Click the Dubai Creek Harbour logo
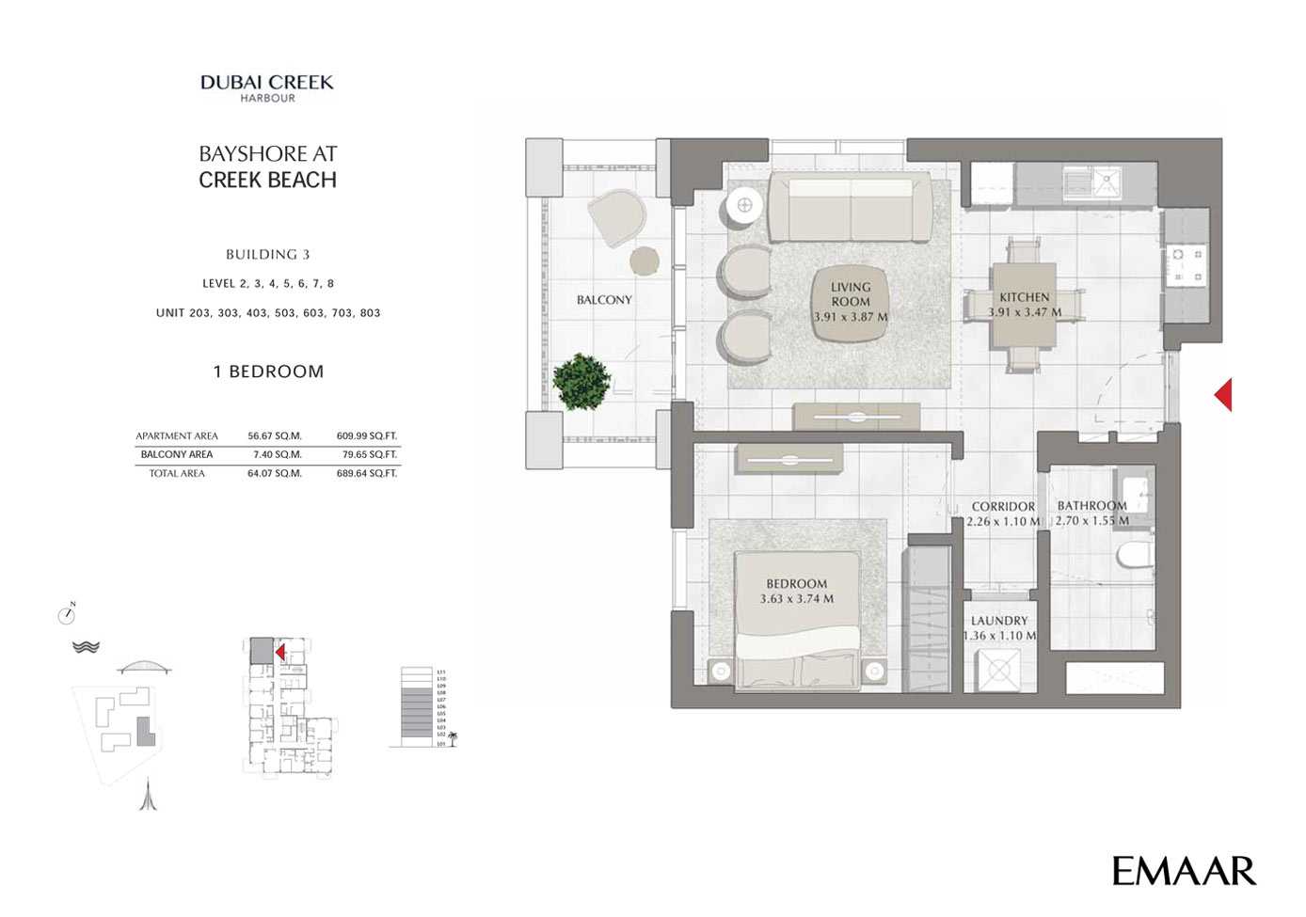(267, 87)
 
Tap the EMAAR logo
(1184, 871)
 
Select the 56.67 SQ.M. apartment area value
(275, 436)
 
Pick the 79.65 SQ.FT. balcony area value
(367, 455)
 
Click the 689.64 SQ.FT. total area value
(367, 474)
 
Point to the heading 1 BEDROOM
(268, 372)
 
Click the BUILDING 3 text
(267, 255)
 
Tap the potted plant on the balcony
(581, 381)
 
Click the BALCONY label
(604, 300)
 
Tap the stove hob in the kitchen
(1186, 266)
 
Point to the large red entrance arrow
(1223, 394)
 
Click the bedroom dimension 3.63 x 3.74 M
(796, 599)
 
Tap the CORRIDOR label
(1003, 507)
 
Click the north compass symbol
(67, 615)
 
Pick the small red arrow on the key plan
(279, 652)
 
